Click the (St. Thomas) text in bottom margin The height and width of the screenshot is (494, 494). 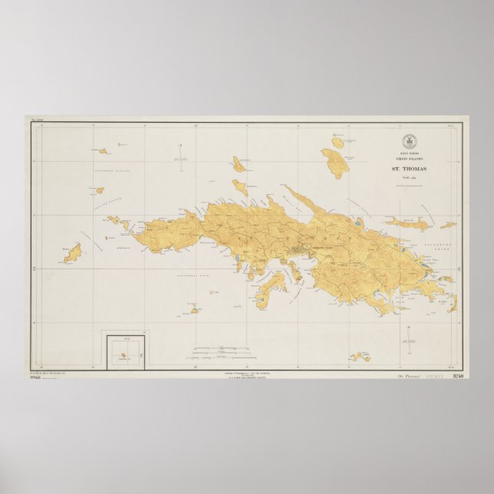click(394, 377)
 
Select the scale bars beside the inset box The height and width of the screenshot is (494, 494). click(218, 351)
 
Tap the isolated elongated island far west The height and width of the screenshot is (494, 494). click(72, 253)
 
